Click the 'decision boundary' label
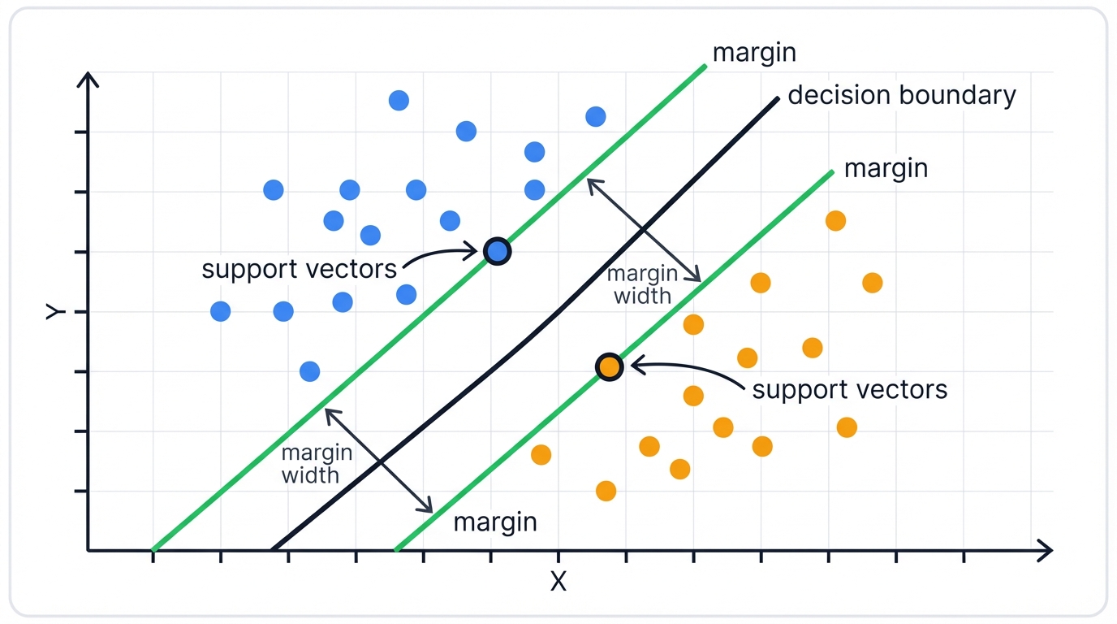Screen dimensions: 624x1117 click(x=901, y=96)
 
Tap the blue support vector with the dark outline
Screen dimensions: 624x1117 click(x=497, y=252)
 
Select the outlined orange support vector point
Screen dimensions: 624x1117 click(x=609, y=367)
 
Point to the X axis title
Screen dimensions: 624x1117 click(x=558, y=582)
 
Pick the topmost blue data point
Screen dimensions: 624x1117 click(x=399, y=101)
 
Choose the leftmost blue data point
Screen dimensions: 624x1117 click(x=220, y=311)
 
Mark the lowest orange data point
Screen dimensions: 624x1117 click(x=606, y=491)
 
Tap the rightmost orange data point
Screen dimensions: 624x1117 click(x=872, y=283)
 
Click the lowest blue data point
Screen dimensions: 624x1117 click(x=309, y=371)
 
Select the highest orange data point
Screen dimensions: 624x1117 click(x=835, y=220)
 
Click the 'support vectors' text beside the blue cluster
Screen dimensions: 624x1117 click(x=299, y=269)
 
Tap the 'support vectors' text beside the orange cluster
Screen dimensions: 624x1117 click(x=849, y=390)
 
